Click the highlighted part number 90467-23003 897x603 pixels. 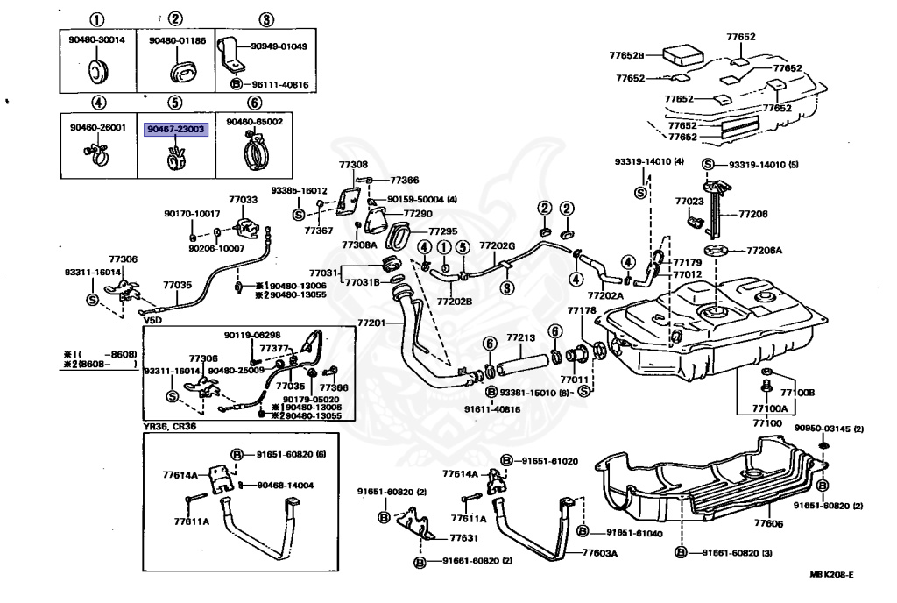pos(175,129)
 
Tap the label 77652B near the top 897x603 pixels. pos(626,55)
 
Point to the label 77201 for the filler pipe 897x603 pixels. pos(371,323)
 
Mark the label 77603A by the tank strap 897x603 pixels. pos(601,553)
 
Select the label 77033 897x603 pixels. pos(244,200)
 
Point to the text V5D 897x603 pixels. pos(153,321)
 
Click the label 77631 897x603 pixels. pos(463,537)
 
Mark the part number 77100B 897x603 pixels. pos(797,394)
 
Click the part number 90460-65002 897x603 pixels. pos(254,122)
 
